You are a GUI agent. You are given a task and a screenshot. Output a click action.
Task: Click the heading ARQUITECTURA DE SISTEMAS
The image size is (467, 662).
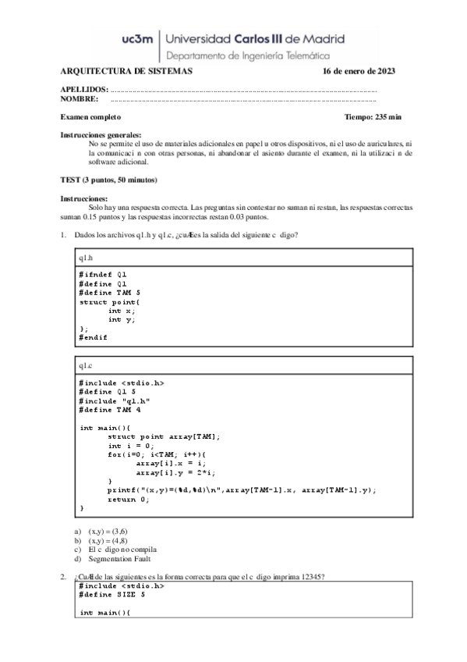(126, 71)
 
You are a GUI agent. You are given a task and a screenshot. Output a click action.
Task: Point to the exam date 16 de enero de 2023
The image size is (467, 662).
(359, 71)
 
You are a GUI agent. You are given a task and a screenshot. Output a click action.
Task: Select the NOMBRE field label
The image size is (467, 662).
(80, 99)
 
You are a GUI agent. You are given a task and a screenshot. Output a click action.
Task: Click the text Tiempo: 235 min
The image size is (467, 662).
(373, 116)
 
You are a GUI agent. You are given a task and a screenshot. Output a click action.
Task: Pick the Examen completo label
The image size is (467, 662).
(90, 116)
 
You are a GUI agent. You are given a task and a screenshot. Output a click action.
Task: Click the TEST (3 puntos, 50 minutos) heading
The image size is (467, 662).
(109, 180)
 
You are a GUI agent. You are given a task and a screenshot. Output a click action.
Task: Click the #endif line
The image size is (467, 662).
(93, 337)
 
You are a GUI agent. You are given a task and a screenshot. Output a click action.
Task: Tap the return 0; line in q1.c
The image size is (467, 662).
(128, 500)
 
